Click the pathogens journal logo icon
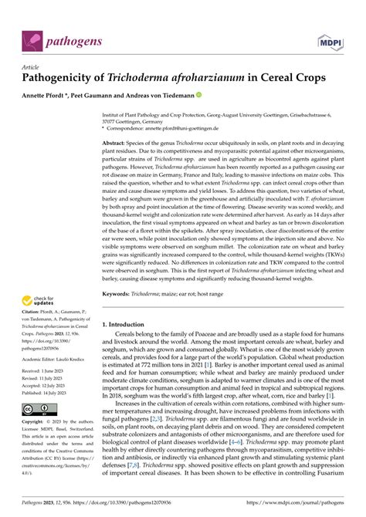32,37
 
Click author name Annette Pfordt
53,96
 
